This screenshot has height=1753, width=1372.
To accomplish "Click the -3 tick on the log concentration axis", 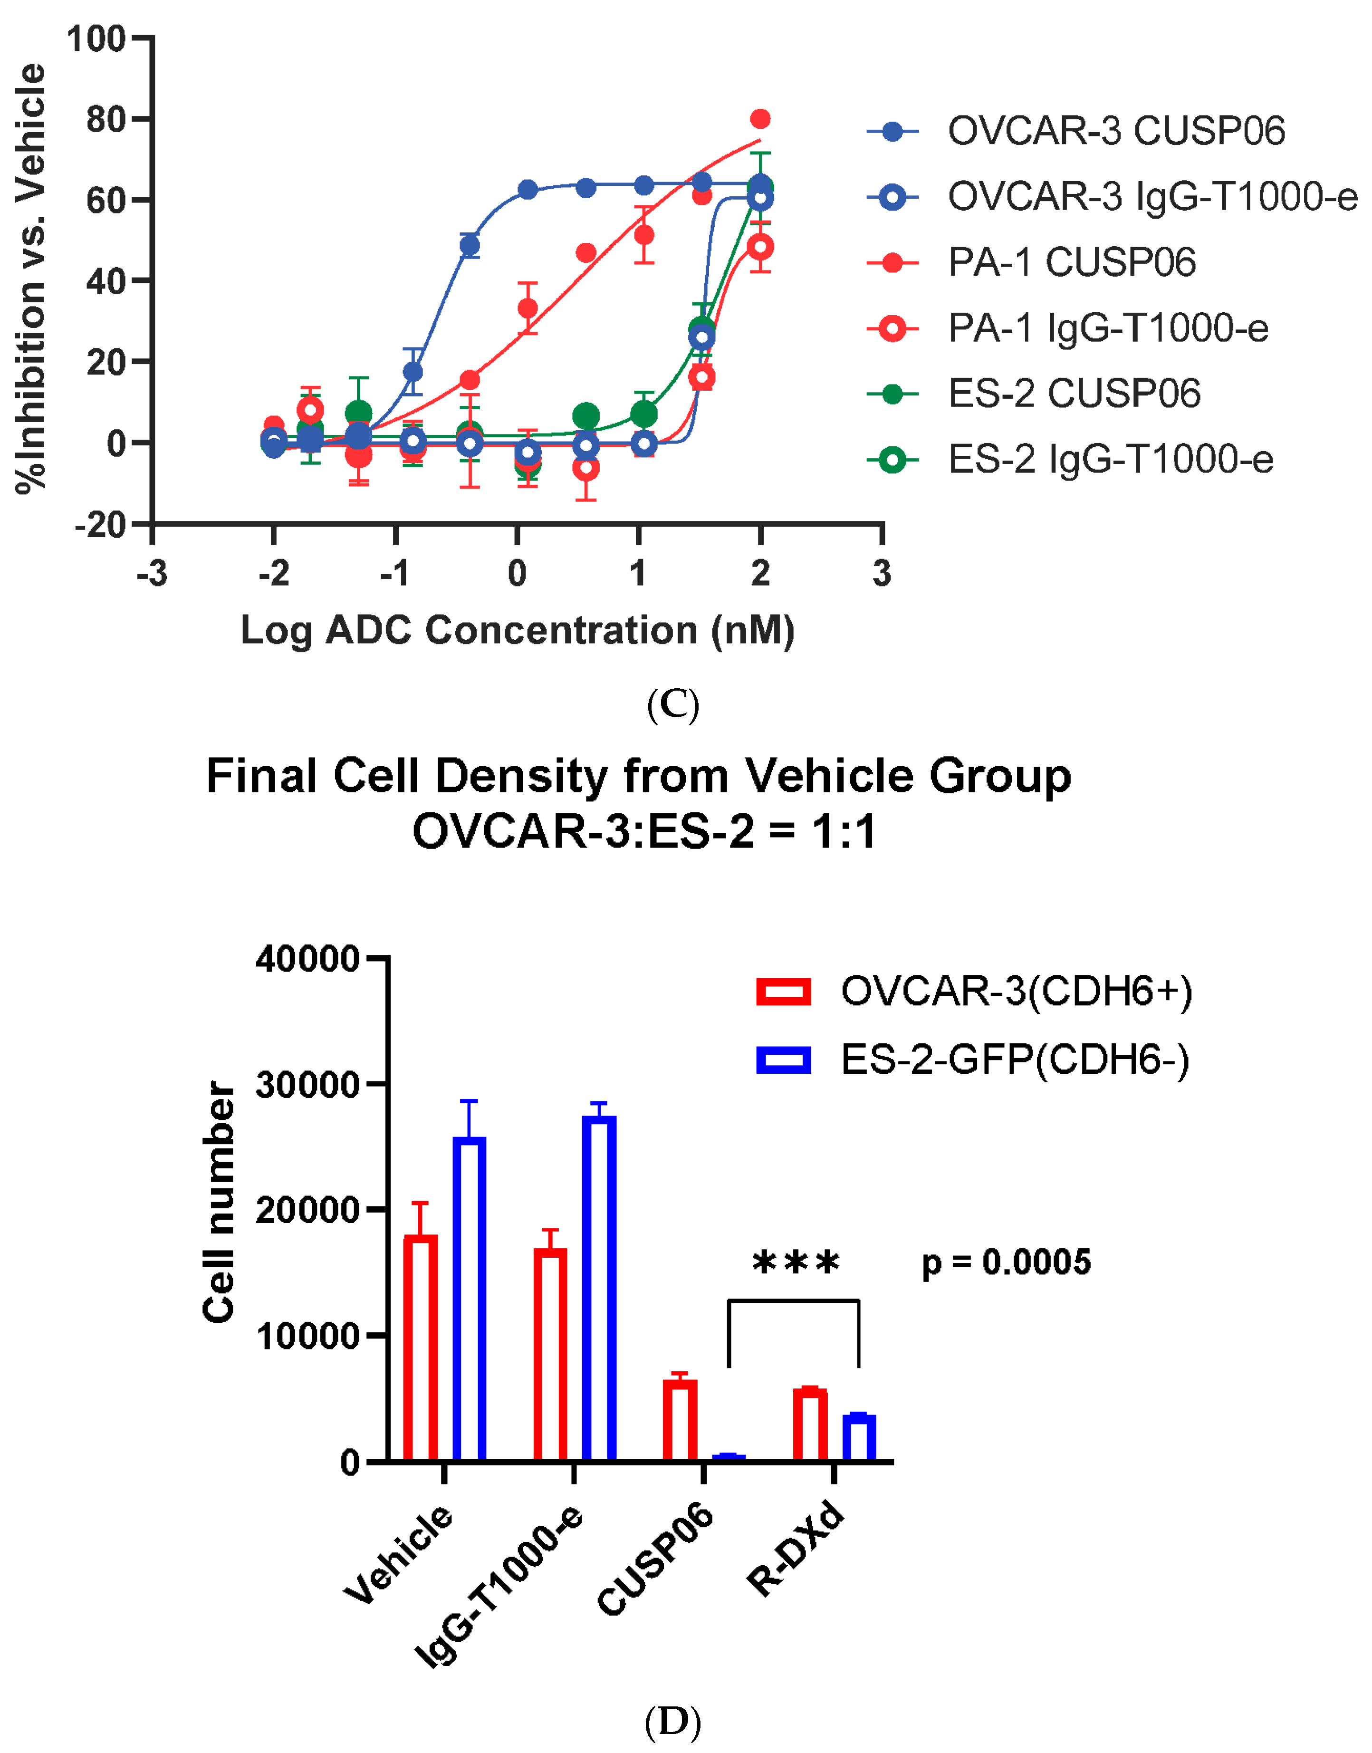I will click(x=152, y=574).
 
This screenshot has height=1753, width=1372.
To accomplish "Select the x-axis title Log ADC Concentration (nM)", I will click(x=518, y=631).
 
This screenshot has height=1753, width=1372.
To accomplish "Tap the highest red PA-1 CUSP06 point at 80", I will click(x=760, y=119).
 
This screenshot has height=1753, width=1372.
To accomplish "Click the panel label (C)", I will click(x=672, y=704).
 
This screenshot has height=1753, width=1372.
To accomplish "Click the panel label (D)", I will click(x=672, y=1722).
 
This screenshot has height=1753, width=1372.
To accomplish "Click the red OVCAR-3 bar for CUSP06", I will click(x=680, y=1420).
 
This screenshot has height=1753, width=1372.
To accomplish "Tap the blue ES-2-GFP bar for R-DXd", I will click(x=859, y=1437).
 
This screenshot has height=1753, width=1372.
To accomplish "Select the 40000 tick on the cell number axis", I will click(x=307, y=958).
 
